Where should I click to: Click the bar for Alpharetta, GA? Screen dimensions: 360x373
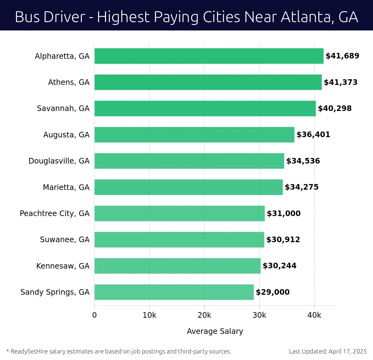pyautogui.click(x=209, y=56)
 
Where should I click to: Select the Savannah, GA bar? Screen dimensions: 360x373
pyautogui.click(x=205, y=108)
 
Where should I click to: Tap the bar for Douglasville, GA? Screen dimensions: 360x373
pyautogui.click(x=189, y=161)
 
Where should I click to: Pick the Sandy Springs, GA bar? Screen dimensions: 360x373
pyautogui.click(x=174, y=292)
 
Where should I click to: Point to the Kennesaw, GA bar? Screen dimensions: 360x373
pyautogui.click(x=177, y=266)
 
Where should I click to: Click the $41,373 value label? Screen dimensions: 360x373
pyautogui.click(x=341, y=82)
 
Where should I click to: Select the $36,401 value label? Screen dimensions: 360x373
pyautogui.click(x=313, y=135)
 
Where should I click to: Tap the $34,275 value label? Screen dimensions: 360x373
pyautogui.click(x=302, y=187)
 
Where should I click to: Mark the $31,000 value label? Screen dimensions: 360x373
pyautogui.click(x=283, y=214)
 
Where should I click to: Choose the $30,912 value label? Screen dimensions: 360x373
pyautogui.click(x=283, y=240)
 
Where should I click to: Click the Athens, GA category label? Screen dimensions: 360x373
pyautogui.click(x=69, y=82)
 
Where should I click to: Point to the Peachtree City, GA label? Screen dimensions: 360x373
pyautogui.click(x=55, y=214)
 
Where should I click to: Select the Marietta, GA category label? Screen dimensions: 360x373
pyautogui.click(x=66, y=187)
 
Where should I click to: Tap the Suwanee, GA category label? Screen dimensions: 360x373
pyautogui.click(x=65, y=240)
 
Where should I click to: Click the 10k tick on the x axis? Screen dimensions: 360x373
pyautogui.click(x=150, y=315)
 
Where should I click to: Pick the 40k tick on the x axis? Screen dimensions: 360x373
pyautogui.click(x=314, y=315)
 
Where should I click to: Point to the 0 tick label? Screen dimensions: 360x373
pyautogui.click(x=94, y=315)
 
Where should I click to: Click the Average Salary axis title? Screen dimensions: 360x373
pyautogui.click(x=215, y=331)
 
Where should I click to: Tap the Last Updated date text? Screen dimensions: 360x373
pyautogui.click(x=328, y=351)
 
